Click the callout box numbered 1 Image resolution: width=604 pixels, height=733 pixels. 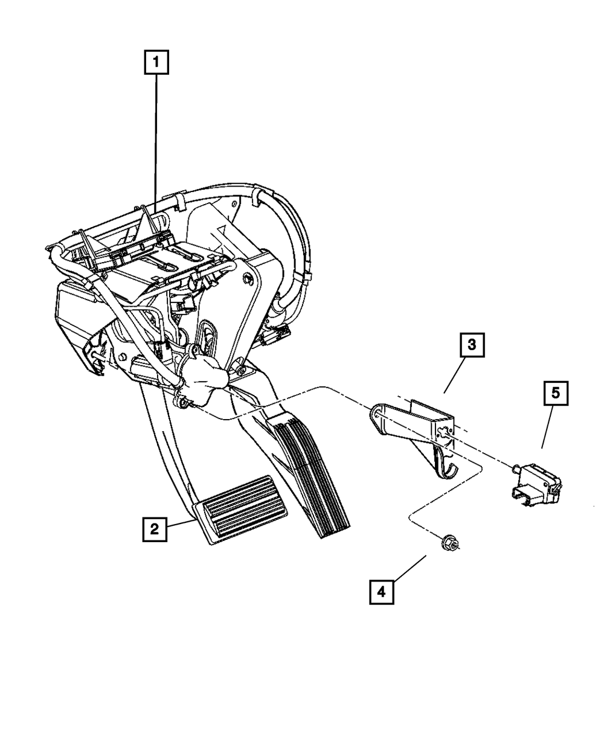(x=156, y=62)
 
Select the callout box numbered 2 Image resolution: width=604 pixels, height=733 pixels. (x=155, y=530)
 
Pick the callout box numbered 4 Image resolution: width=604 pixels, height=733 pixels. (x=381, y=592)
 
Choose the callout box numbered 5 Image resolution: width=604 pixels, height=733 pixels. (x=555, y=394)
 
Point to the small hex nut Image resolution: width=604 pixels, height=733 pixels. (x=449, y=543)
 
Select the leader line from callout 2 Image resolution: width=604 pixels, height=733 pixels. (x=181, y=524)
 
